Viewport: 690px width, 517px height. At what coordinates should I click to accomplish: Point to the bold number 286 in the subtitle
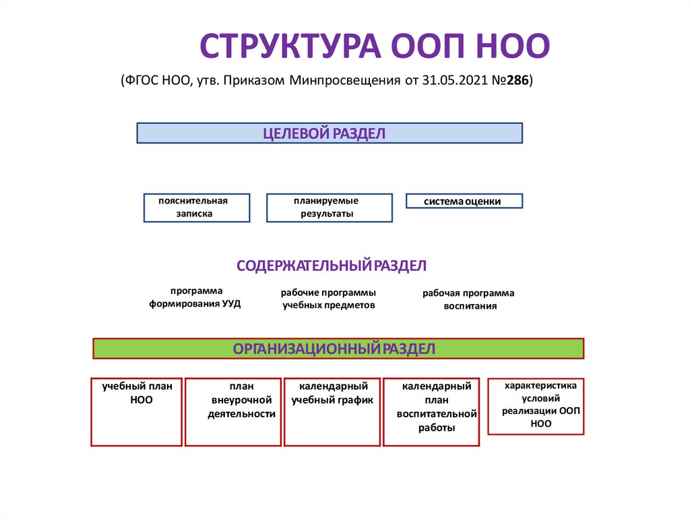pyautogui.click(x=517, y=81)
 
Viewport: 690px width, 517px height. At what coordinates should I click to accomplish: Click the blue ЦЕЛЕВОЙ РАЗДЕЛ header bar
pyautogui.click(x=330, y=133)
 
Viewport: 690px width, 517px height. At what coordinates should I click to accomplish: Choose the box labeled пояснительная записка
pyautogui.click(x=196, y=208)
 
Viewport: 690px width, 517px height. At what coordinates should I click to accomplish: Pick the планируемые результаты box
pyautogui.click(x=329, y=208)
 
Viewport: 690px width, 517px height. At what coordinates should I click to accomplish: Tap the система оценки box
pyautogui.click(x=464, y=201)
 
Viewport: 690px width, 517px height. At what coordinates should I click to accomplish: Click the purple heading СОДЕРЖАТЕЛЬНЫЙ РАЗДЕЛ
pyautogui.click(x=332, y=266)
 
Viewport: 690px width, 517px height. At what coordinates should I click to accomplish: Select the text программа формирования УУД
pyautogui.click(x=195, y=297)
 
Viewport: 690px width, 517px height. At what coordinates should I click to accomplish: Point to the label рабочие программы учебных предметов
pyautogui.click(x=328, y=299)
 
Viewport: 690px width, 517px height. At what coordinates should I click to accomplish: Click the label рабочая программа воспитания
pyautogui.click(x=469, y=299)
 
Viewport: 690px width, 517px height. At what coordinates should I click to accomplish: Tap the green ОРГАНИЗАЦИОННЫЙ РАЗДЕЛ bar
pyautogui.click(x=338, y=348)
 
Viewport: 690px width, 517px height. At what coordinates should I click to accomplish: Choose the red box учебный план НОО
pyautogui.click(x=137, y=412)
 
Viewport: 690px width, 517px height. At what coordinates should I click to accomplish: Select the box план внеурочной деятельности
pyautogui.click(x=233, y=412)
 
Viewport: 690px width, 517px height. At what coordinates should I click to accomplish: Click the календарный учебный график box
pyautogui.click(x=332, y=412)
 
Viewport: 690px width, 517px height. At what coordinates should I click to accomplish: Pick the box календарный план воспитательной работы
pyautogui.click(x=431, y=412)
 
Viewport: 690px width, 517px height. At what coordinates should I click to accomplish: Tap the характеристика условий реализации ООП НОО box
pyautogui.click(x=536, y=406)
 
